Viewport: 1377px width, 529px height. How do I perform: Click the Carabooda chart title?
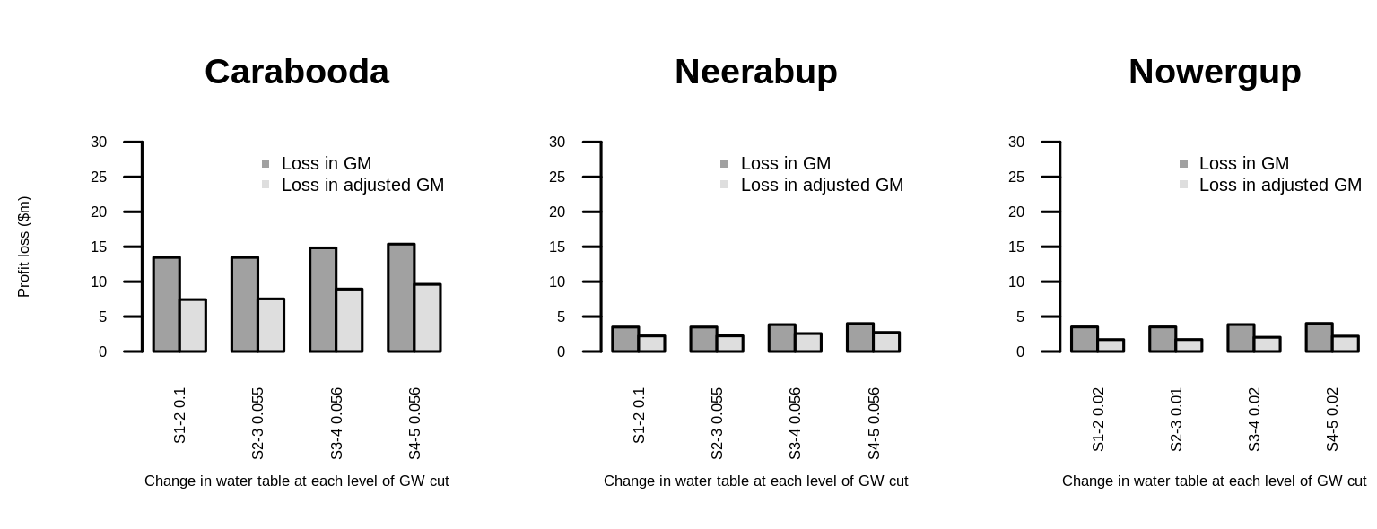pyautogui.click(x=296, y=72)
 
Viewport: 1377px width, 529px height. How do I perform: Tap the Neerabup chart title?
pyautogui.click(x=755, y=72)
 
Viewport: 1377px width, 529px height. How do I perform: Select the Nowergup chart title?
pyautogui.click(x=1215, y=72)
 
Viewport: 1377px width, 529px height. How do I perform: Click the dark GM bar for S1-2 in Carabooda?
pyautogui.click(x=166, y=305)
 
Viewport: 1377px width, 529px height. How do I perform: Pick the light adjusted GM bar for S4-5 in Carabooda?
pyautogui.click(x=427, y=318)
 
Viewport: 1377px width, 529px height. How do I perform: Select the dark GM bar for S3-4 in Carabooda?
pyautogui.click(x=323, y=299)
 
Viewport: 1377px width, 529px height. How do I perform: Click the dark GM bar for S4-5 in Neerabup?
pyautogui.click(x=860, y=338)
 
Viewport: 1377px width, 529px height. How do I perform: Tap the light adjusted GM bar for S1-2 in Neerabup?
pyautogui.click(x=651, y=343)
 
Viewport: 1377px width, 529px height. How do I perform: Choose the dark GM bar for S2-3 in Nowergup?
pyautogui.click(x=1163, y=340)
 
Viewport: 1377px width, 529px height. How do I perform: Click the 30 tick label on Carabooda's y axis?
pyautogui.click(x=99, y=142)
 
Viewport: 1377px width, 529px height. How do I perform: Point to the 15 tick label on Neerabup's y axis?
pyautogui.click(x=557, y=247)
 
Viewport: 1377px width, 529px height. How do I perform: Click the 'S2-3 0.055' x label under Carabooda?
pyautogui.click(x=258, y=423)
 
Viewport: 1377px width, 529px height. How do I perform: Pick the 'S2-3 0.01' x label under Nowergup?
pyautogui.click(x=1176, y=420)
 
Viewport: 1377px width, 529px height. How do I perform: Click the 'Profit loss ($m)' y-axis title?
pyautogui.click(x=24, y=247)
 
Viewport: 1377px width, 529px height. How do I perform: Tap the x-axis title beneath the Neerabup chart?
pyautogui.click(x=755, y=481)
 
